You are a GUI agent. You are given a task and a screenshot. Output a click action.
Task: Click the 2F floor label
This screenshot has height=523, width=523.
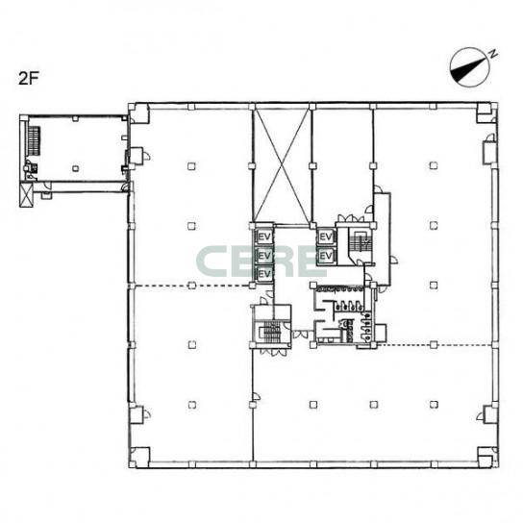point(29,79)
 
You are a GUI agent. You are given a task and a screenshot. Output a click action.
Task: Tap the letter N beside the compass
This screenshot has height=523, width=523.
point(492,54)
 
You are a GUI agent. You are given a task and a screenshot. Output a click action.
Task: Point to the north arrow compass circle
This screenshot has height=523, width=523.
point(469,67)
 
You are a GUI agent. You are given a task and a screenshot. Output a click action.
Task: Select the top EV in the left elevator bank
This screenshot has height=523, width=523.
point(264,237)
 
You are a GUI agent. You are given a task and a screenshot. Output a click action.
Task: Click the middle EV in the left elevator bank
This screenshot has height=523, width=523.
point(264,256)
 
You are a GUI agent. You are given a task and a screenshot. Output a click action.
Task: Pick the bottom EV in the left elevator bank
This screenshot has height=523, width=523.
point(264,273)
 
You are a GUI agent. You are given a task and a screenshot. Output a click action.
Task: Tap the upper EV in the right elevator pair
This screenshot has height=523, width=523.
point(326,237)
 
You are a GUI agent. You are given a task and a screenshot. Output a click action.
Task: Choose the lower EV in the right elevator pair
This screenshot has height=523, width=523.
point(326,256)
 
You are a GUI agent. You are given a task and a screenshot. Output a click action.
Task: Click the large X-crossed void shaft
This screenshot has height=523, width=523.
point(283,166)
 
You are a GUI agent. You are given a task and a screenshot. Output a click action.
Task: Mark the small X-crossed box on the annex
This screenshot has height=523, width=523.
point(26,196)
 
